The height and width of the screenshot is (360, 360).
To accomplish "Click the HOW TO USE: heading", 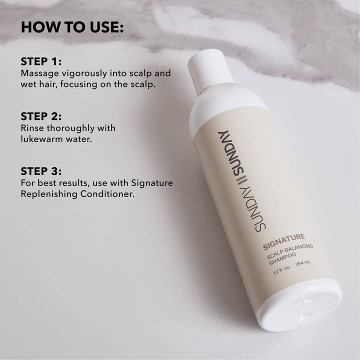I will (72, 27).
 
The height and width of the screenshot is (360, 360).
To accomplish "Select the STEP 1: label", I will (41, 61).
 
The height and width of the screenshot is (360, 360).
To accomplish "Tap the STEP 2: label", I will (41, 116).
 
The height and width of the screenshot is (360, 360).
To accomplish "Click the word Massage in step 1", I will (39, 73).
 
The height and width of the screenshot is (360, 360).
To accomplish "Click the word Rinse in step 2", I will (32, 128).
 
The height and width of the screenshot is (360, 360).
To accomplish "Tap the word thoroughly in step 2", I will (69, 128).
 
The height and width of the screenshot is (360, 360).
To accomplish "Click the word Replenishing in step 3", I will (47, 194).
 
